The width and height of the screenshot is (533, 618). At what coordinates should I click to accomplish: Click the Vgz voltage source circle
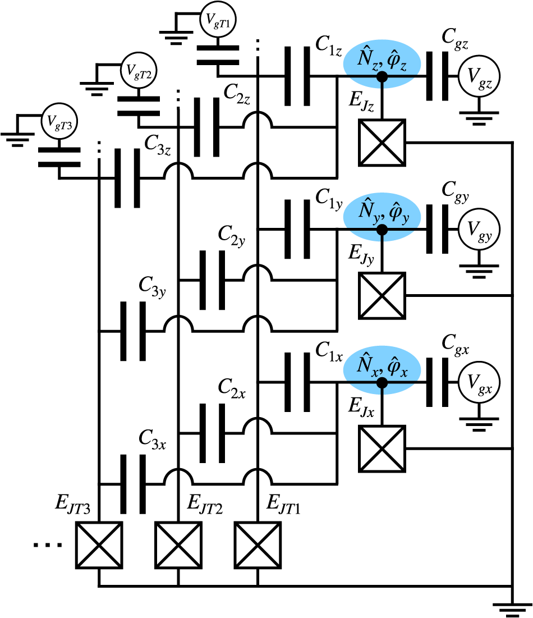[x=479, y=77]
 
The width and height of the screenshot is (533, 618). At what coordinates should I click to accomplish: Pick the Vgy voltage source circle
[x=479, y=230]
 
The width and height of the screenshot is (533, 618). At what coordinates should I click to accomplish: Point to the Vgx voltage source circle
[x=479, y=383]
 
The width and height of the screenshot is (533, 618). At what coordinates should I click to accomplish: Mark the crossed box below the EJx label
[x=382, y=448]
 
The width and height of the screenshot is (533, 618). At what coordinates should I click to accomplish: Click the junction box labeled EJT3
[x=99, y=545]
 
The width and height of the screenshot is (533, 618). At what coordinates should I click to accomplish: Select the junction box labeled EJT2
[x=178, y=545]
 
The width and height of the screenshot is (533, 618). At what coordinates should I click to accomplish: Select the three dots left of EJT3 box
[x=48, y=545]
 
